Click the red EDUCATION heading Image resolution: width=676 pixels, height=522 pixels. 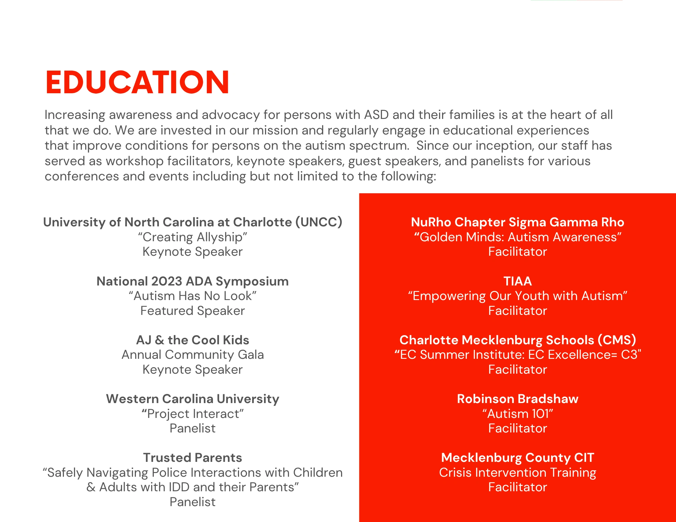pos(137,82)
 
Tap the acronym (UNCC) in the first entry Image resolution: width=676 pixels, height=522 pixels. pos(319,222)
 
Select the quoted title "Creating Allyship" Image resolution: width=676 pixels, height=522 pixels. pos(192,237)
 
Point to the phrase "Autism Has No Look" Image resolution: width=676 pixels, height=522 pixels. pos(192,296)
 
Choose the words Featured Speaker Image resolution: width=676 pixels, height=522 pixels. pos(192,311)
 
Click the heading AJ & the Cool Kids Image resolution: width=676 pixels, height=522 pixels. pos(192,340)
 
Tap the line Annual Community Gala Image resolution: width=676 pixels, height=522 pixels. pos(192,355)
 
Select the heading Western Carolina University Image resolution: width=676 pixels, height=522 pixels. pos(192,399)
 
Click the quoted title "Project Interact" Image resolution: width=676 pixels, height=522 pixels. pos(192,414)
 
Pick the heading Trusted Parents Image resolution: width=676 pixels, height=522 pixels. pos(192,457)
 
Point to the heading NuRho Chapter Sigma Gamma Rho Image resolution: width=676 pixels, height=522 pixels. pos(517,222)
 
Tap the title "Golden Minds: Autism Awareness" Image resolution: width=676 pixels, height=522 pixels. pos(517,237)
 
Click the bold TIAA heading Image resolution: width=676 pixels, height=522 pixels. pos(517,281)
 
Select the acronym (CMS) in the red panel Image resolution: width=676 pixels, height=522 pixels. pos(617,340)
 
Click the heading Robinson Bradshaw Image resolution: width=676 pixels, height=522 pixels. pos(517,399)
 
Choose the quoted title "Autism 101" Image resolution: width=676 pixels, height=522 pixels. pos(517,414)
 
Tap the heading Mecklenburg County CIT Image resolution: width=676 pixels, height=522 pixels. pos(517,457)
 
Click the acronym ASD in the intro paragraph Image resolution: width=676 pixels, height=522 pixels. pos(376,115)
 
